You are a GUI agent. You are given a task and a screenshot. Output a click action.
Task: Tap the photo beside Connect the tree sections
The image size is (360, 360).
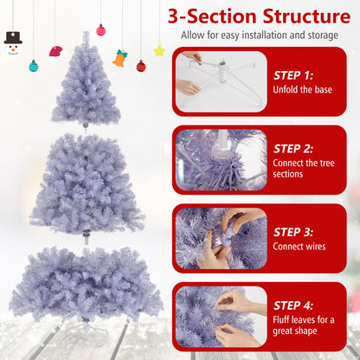pos(220,159)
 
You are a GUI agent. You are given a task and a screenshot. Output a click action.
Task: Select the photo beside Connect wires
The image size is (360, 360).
pos(220,237)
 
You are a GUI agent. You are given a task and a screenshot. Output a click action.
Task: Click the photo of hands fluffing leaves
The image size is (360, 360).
pos(220,316)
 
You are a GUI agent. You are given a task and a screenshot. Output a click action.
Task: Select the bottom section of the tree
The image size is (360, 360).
pos(85,281)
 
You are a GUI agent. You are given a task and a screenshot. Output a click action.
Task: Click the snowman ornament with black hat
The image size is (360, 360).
pos(12,43)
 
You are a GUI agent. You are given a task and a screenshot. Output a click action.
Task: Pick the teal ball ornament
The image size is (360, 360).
pos(34,66)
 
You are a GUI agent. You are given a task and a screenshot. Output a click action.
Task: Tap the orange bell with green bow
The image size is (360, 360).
pos(119,58)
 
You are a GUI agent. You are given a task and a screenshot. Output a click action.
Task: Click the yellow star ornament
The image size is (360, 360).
pos(159,50)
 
